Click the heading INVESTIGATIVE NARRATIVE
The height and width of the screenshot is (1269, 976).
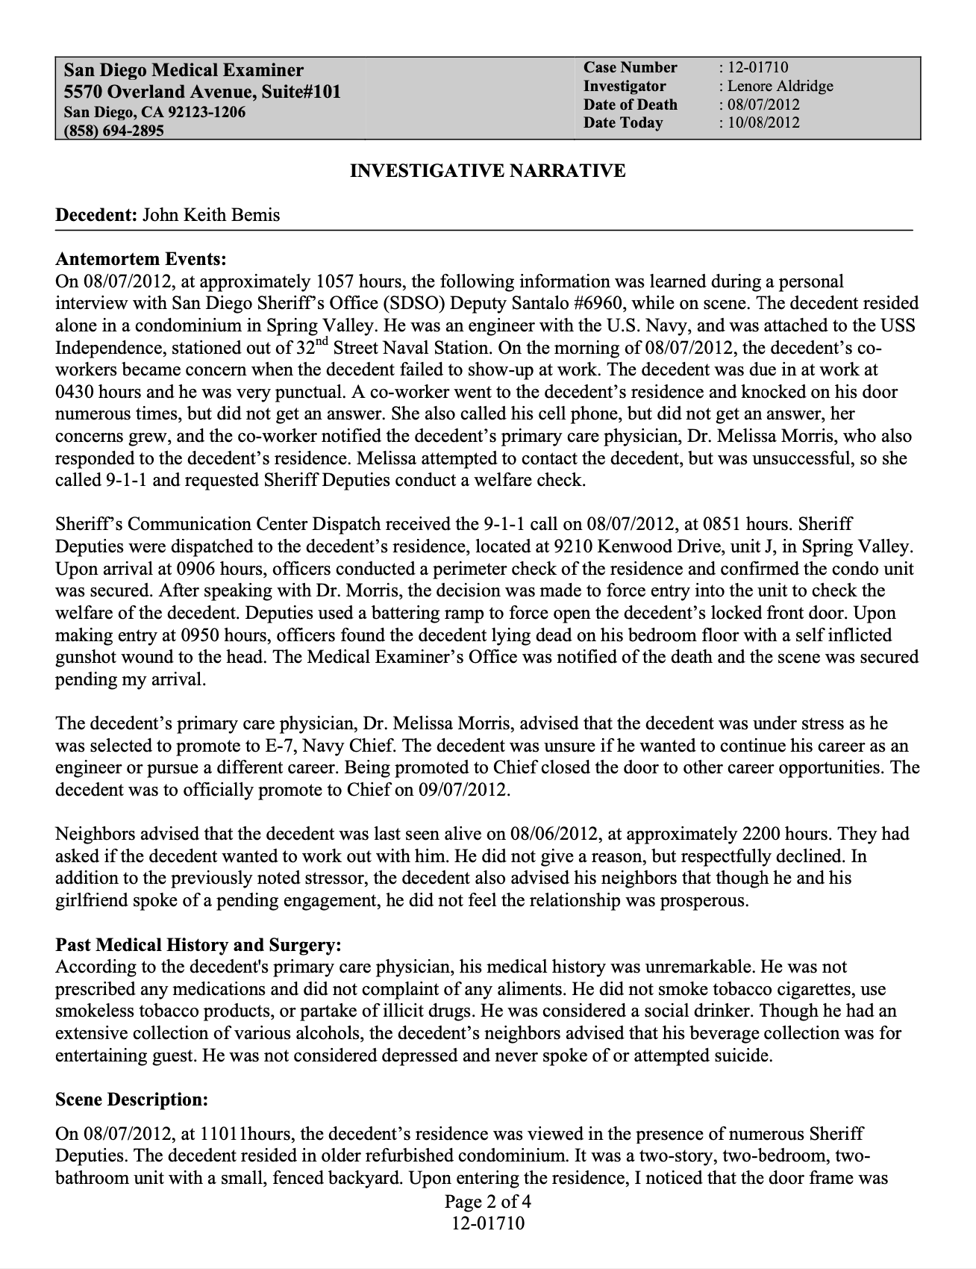click(487, 171)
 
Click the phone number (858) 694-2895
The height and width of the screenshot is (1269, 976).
click(113, 131)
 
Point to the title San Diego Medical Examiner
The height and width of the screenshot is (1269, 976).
click(184, 70)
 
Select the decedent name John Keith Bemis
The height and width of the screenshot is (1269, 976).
click(211, 215)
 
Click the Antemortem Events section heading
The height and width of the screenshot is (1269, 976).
click(140, 259)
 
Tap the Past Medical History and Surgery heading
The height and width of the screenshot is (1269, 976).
click(198, 945)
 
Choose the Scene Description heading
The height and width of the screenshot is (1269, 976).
click(131, 1100)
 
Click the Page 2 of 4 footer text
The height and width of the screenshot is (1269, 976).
click(487, 1202)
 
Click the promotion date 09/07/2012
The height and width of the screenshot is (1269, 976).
click(463, 789)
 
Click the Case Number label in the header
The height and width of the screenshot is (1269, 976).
click(630, 68)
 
